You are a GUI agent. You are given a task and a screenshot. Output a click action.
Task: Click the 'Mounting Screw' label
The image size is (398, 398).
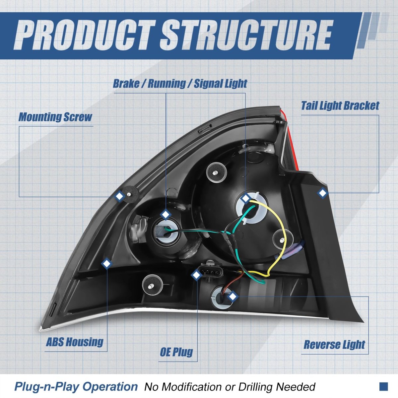tap(55, 117)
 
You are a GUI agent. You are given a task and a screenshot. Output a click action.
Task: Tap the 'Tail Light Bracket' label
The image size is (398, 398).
tap(340, 106)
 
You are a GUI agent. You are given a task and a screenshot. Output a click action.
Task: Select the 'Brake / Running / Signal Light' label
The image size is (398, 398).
tap(180, 84)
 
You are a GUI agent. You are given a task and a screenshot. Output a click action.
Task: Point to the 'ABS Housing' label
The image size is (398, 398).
tap(75, 342)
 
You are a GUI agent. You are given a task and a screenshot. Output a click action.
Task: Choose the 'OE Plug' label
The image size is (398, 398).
tap(176, 352)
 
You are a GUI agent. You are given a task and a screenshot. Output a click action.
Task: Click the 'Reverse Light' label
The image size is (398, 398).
tap(334, 345)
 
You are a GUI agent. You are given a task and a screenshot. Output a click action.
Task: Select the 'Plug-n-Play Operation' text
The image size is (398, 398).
tap(76, 387)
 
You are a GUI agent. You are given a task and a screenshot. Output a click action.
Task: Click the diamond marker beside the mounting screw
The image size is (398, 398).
tap(119, 196)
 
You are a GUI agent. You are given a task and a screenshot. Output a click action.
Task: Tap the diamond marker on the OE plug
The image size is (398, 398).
tap(196, 275)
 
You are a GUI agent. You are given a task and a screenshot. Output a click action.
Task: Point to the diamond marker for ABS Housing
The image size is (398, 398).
tap(106, 264)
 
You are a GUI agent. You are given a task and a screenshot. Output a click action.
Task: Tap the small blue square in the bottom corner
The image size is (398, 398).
tap(383, 386)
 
